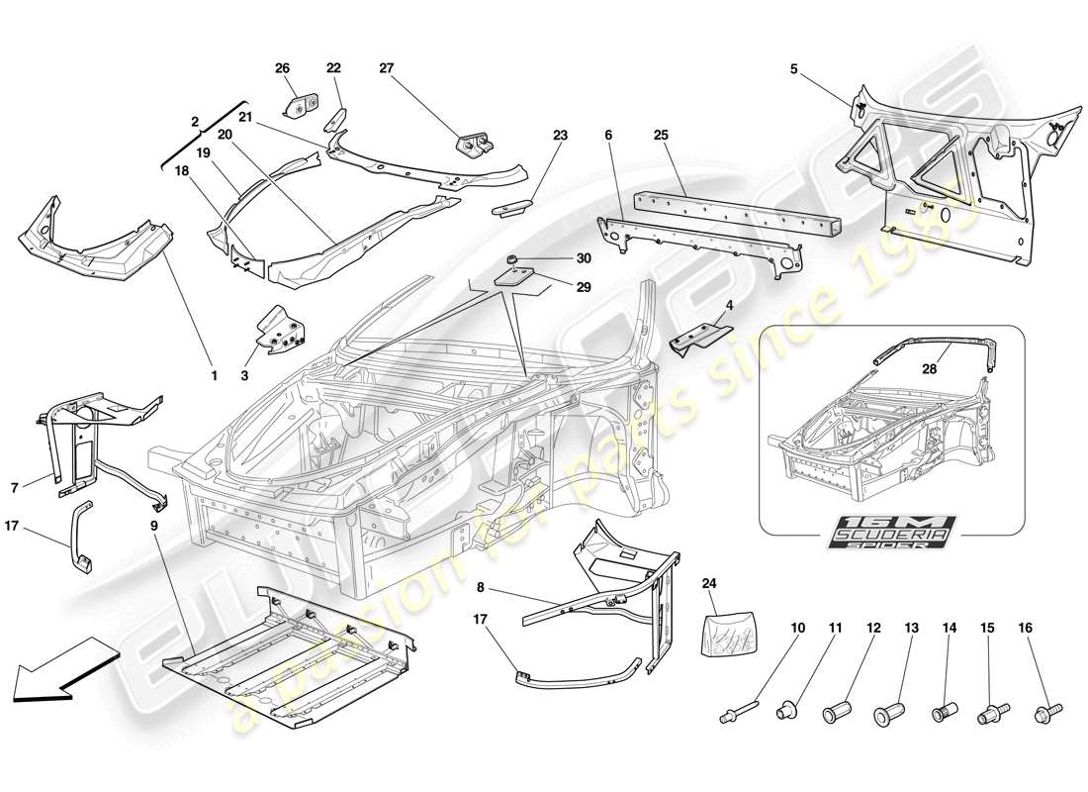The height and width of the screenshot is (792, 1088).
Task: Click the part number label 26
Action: point(282,68)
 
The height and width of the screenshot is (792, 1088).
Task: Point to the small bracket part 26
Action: point(301,104)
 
